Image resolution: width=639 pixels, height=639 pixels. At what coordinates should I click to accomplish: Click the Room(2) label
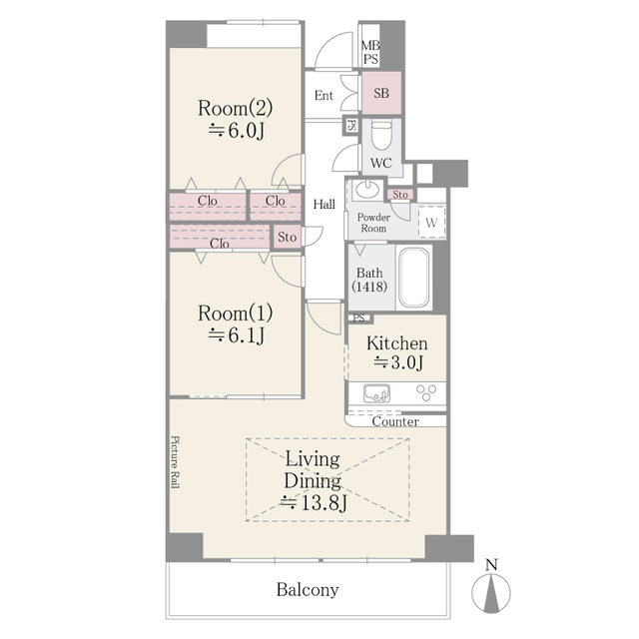click(235, 108)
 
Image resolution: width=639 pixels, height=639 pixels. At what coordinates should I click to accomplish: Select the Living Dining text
click(313, 470)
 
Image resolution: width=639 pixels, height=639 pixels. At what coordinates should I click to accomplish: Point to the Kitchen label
click(396, 343)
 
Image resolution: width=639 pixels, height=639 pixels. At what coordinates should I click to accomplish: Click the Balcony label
click(308, 589)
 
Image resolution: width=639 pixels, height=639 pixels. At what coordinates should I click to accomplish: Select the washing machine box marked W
click(430, 222)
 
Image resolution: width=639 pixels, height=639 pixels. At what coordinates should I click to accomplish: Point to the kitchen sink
click(377, 392)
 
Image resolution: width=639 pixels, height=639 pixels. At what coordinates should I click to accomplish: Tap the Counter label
click(395, 421)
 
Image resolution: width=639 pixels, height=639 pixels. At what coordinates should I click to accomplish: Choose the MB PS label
click(370, 52)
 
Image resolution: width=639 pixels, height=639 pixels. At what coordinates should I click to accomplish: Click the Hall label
click(324, 205)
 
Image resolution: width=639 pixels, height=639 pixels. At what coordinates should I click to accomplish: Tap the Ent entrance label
click(323, 96)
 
